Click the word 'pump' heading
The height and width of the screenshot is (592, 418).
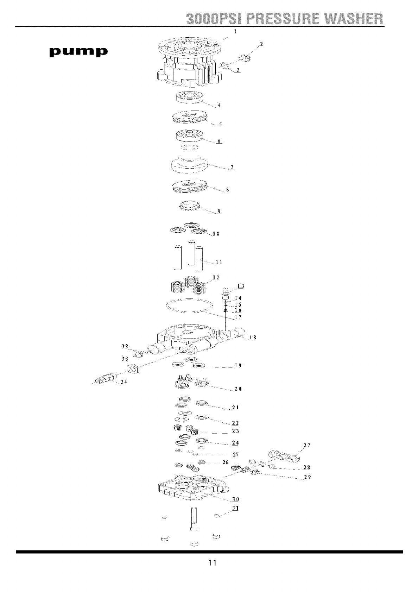[x=78, y=52]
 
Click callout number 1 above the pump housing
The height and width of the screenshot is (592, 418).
[x=235, y=31]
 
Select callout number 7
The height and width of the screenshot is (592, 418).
[x=232, y=167]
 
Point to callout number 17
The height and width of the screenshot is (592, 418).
[x=238, y=317]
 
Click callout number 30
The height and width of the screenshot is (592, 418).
[x=236, y=499]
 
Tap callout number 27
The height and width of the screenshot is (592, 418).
[x=306, y=446]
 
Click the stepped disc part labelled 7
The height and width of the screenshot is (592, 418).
[x=189, y=163]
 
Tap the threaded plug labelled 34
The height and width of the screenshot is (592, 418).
[x=105, y=379]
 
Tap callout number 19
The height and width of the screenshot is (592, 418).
[x=238, y=365]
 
